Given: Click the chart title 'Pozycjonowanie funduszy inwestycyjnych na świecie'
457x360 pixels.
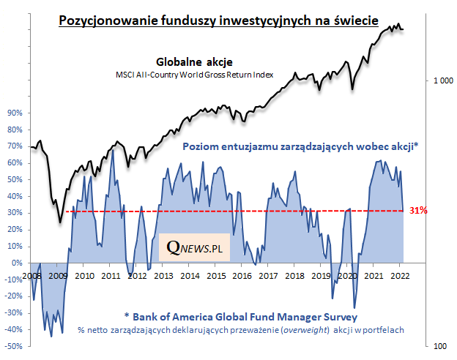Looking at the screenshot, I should [x=218, y=20].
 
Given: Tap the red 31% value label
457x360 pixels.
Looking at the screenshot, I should [x=419, y=211].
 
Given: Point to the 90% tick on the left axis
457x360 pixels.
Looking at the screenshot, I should [x=15, y=113].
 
